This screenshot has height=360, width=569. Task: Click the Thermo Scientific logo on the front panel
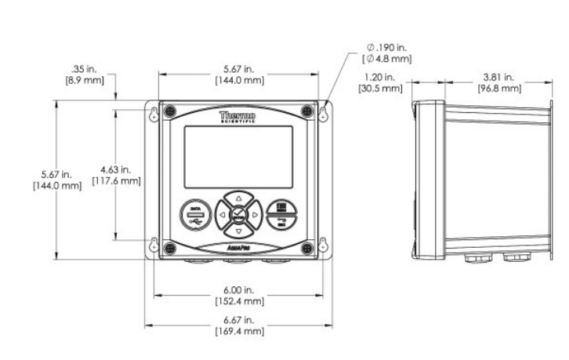tap(237, 118)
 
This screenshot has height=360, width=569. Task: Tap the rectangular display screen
tap(238, 156)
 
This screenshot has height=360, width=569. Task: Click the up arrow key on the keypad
tap(239, 197)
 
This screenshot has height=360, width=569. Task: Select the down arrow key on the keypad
tap(239, 231)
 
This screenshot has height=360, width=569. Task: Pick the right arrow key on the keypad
tap(256, 214)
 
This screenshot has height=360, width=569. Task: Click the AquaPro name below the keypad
tap(239, 247)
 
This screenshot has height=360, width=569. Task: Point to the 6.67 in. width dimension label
tap(239, 325)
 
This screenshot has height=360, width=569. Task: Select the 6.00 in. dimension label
tap(239, 296)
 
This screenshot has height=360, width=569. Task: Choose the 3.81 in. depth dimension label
tap(499, 82)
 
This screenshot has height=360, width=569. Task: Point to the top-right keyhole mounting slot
tap(322, 114)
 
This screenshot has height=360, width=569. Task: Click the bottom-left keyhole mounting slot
tap(154, 243)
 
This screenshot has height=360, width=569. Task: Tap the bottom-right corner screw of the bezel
tap(307, 248)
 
